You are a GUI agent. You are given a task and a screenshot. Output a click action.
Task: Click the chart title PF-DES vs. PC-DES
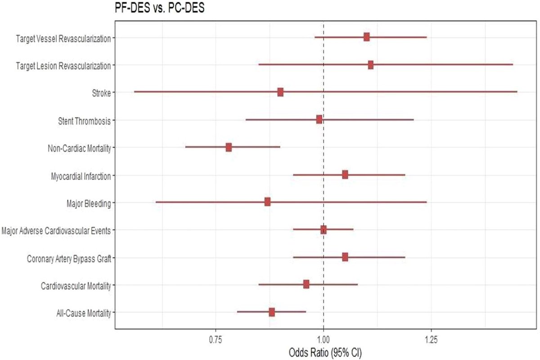(158, 9)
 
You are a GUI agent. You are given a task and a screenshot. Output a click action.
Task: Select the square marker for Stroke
(280, 92)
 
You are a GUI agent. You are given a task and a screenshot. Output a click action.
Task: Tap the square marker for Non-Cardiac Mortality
(229, 147)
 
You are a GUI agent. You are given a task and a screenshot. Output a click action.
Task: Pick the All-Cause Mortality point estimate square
(272, 312)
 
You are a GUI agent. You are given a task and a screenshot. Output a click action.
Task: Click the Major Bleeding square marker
(268, 202)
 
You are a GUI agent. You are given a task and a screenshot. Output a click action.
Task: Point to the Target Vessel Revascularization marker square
(367, 37)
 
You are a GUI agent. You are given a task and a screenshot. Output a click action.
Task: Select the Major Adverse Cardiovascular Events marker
(324, 230)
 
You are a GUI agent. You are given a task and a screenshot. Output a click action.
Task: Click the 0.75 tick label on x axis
(216, 341)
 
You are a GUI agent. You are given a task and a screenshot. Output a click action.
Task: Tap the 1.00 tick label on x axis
(324, 341)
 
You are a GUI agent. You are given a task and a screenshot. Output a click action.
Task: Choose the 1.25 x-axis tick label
(431, 341)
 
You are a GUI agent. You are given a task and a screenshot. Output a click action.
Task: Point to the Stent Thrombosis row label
(84, 121)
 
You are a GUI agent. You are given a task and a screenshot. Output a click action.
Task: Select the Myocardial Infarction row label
(81, 176)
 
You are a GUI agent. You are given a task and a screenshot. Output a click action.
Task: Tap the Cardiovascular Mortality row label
(76, 286)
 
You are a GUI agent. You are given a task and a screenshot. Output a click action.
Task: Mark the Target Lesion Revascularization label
(63, 66)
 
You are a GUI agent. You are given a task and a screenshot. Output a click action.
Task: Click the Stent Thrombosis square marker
(319, 119)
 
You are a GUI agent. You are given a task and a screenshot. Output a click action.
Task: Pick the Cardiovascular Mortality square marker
(306, 284)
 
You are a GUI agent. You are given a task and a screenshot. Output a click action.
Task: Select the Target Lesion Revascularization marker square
(371, 65)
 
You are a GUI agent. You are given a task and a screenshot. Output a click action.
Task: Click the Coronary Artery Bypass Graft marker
(345, 257)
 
